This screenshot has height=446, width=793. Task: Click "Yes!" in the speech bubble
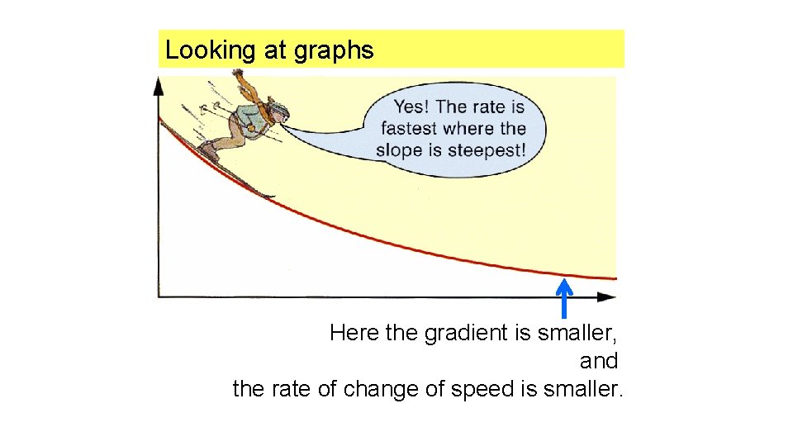pos(411,106)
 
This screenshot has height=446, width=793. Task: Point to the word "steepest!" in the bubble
pos(487,150)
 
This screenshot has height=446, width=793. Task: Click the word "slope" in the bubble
pos(399,150)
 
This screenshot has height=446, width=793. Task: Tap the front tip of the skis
pos(269,196)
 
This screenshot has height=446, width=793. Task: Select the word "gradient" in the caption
pos(463,333)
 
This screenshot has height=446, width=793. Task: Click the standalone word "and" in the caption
pos(598,361)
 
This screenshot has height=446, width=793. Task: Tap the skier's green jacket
pos(250,116)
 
